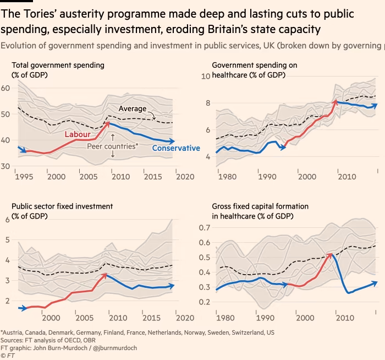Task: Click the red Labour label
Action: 78,134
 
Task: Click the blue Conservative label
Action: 176,148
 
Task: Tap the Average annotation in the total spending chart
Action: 132,108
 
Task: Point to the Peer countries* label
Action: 113,147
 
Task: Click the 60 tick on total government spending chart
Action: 6,88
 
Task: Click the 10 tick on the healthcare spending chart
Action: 206,76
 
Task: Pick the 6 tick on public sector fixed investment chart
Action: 8,220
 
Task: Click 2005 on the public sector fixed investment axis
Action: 84,318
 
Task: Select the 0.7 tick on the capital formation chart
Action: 205,228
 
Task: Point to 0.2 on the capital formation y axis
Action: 205,302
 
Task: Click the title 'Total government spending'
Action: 58,66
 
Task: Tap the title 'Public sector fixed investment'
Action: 62,206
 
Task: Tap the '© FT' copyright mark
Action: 8,356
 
